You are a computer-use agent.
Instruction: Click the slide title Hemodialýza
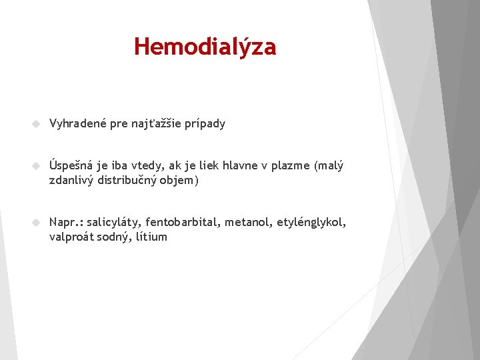coord(205,47)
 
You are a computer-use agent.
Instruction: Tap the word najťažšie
coord(159,124)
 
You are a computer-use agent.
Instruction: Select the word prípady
coord(206,124)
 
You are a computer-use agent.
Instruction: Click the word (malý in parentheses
coord(328,166)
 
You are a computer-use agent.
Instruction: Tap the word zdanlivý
coord(71,180)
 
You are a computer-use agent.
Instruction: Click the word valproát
coord(72,237)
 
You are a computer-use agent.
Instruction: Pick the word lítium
coord(151,236)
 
